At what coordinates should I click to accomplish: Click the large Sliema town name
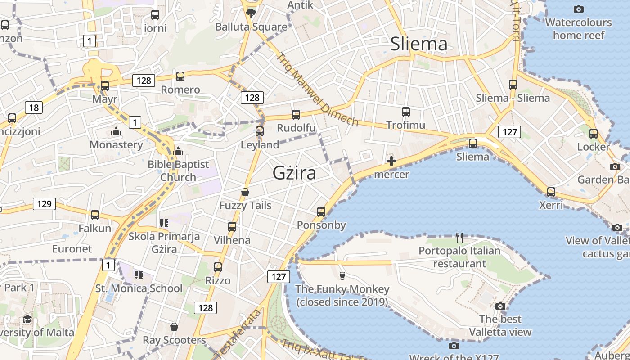[x=419, y=44]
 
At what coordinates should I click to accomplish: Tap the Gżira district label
[x=294, y=173]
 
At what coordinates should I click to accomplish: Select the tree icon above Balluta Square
[x=251, y=13]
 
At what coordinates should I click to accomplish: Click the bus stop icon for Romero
[x=180, y=76]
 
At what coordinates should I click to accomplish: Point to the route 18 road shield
[x=34, y=107]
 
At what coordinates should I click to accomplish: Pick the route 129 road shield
[x=44, y=204]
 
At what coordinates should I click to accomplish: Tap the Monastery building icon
[x=116, y=132]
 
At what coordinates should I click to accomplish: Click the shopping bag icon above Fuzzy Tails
[x=245, y=192]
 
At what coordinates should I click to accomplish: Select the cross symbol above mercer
[x=391, y=161]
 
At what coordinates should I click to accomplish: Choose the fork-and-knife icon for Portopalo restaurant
[x=459, y=237]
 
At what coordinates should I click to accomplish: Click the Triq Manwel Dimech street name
[x=317, y=90]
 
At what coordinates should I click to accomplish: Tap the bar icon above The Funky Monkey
[x=342, y=275]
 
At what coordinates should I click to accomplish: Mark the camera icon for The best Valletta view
[x=500, y=306]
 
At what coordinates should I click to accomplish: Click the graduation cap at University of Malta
[x=27, y=319]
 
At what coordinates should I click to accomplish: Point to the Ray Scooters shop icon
[x=174, y=327]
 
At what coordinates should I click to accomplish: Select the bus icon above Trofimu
[x=405, y=112]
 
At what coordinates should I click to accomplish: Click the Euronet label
[x=72, y=249]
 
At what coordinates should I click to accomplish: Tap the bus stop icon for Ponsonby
[x=321, y=211]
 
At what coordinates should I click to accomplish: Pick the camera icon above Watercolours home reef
[x=578, y=9]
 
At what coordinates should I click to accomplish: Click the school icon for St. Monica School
[x=139, y=274]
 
